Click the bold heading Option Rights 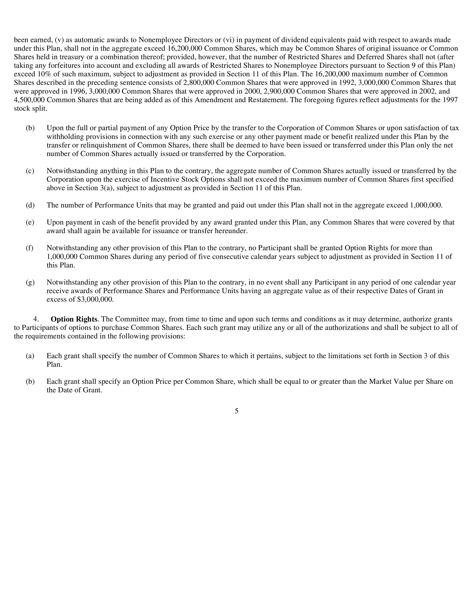tap(74, 319)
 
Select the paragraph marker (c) tap(30, 171)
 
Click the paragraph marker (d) tap(30, 205)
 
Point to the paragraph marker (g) tap(30, 282)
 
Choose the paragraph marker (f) tap(29, 248)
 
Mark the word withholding tap(64, 137)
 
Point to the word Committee tap(130, 319)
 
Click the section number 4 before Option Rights tap(36, 319)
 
